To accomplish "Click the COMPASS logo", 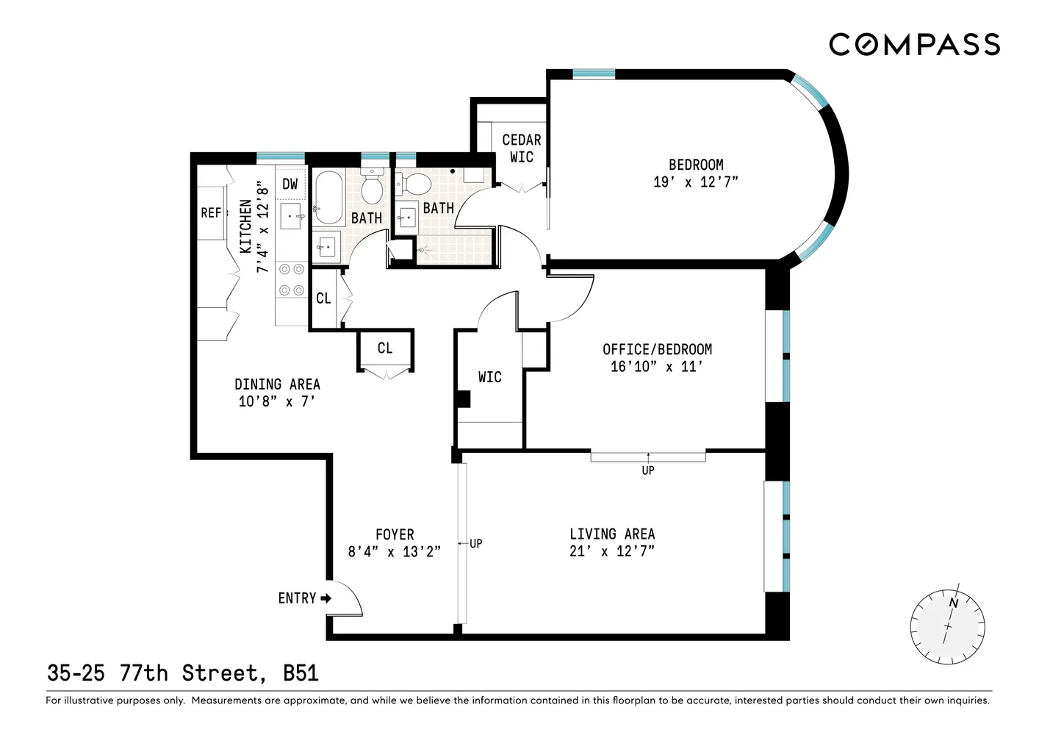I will tap(914, 45).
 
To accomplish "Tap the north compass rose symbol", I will tap(947, 626).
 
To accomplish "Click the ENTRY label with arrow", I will tap(303, 598).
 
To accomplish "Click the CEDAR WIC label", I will tap(521, 148).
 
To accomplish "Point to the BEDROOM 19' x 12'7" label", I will tap(695, 173).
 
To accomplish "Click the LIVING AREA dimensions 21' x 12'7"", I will tap(611, 551).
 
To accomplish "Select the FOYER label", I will tap(395, 534).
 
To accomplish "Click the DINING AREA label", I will tap(277, 384).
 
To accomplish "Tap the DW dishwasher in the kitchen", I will tap(290, 184).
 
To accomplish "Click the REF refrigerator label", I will tap(211, 212).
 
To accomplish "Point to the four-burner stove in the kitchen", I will tap(291, 280).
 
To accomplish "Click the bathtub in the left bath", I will tap(328, 197).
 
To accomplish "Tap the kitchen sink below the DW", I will tap(292, 216).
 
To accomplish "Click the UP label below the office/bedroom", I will tap(647, 470).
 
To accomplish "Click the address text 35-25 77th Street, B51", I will tap(182, 673).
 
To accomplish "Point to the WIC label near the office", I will tap(489, 377).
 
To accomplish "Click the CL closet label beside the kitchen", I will tap(323, 298).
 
